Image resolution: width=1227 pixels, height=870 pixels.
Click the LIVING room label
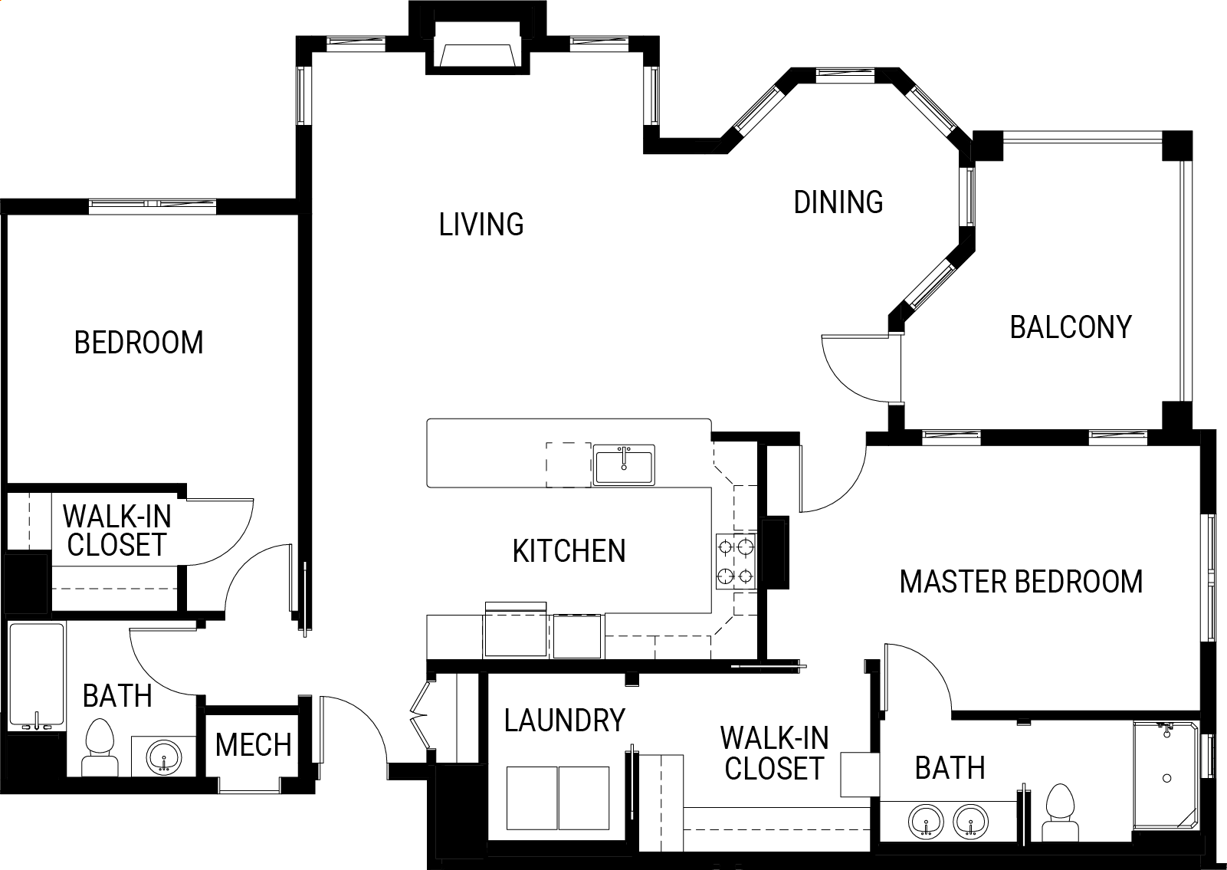481,225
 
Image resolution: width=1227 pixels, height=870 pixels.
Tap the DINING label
838,202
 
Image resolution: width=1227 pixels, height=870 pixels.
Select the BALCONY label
1071,327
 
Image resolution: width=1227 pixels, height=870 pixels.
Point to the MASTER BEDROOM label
1021,582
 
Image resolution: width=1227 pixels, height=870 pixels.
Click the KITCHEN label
569,551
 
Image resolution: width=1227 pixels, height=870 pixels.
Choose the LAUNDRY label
564,721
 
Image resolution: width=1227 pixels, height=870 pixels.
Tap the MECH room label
253,745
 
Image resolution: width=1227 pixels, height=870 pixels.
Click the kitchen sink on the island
624,465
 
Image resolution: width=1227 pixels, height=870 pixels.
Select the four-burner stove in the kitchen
737,562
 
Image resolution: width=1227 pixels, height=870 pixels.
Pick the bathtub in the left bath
37,677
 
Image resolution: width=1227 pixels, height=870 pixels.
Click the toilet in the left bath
100,747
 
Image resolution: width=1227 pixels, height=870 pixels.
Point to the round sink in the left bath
164,757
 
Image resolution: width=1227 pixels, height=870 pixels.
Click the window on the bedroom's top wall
153,206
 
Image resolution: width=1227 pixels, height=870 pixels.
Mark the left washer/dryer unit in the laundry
531,798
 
